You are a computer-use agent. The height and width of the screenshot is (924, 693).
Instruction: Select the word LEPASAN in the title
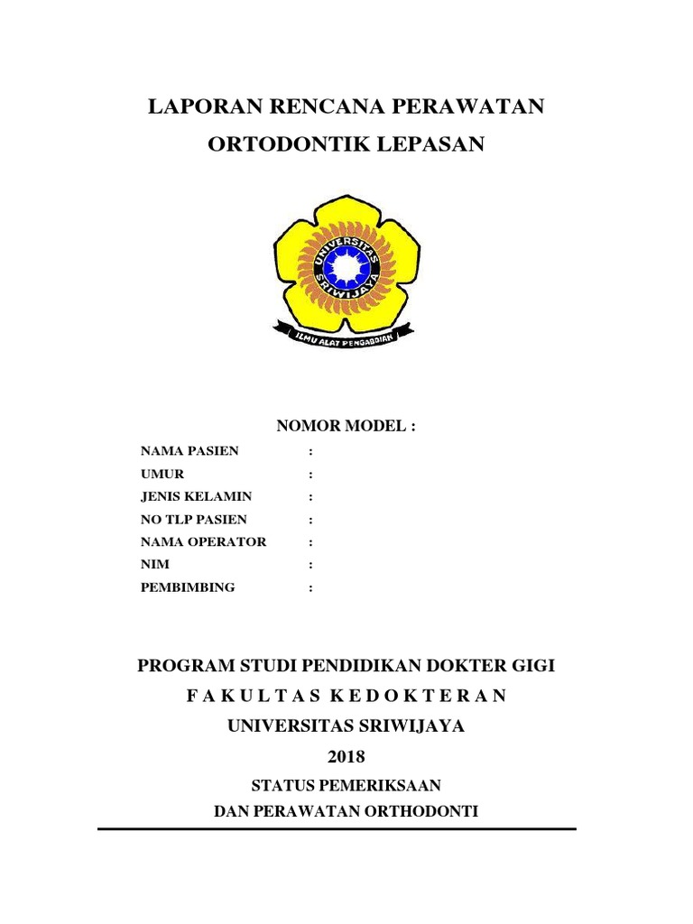pyautogui.click(x=438, y=144)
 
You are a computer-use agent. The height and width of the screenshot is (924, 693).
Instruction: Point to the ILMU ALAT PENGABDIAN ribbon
pyautogui.click(x=346, y=336)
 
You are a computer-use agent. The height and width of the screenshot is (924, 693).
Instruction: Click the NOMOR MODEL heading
pyautogui.click(x=346, y=426)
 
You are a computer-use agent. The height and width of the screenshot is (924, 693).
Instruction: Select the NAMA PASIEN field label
pyautogui.click(x=189, y=450)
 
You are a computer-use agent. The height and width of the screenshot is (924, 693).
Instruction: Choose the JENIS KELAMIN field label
pyautogui.click(x=197, y=496)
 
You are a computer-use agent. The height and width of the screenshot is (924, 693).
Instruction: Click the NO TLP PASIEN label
pyautogui.click(x=194, y=519)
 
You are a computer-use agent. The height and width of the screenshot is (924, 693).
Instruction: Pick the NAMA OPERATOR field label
pyautogui.click(x=204, y=541)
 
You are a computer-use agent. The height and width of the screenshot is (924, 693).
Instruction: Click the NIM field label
pyautogui.click(x=155, y=564)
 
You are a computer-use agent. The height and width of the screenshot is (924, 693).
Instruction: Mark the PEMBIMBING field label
pyautogui.click(x=188, y=587)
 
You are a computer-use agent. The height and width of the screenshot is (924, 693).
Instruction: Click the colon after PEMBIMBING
pyautogui.click(x=311, y=587)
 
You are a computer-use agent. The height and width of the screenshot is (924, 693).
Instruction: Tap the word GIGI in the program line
pyautogui.click(x=532, y=666)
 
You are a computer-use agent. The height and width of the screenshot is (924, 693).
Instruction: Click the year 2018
pyautogui.click(x=346, y=756)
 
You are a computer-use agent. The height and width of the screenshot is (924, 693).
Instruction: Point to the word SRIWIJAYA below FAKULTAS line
pyautogui.click(x=414, y=725)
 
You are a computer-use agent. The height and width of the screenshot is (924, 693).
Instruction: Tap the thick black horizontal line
pyautogui.click(x=337, y=828)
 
